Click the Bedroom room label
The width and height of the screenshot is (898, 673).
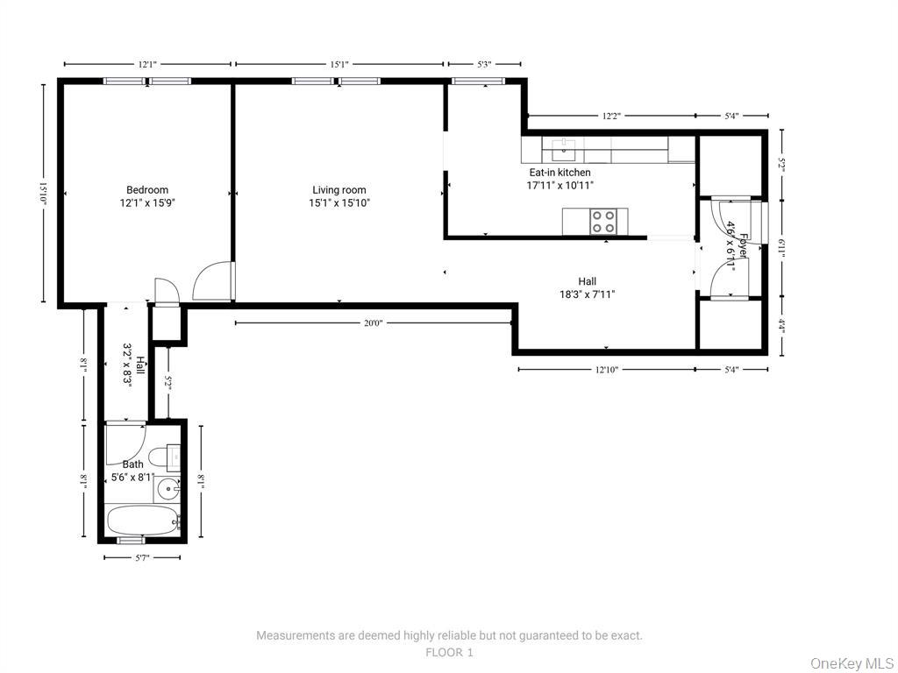tap(147, 196)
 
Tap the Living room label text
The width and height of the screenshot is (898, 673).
tap(339, 196)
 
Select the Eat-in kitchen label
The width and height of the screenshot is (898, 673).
tap(559, 179)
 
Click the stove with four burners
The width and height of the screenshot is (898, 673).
tap(602, 222)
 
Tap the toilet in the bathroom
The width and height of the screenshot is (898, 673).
tap(164, 457)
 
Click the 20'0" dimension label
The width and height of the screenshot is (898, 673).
tap(374, 323)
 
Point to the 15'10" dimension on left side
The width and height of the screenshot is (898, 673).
tap(42, 193)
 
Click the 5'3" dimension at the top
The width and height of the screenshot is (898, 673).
tap(484, 64)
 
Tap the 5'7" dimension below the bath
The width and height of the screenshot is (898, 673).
tap(142, 557)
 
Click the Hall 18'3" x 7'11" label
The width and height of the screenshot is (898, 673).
tap(587, 287)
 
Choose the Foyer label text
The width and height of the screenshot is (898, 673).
tap(737, 244)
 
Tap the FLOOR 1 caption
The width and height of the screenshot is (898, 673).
tap(449, 652)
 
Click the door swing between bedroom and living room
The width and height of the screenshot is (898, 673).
tap(212, 282)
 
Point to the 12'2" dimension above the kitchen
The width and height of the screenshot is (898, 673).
tap(614, 116)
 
